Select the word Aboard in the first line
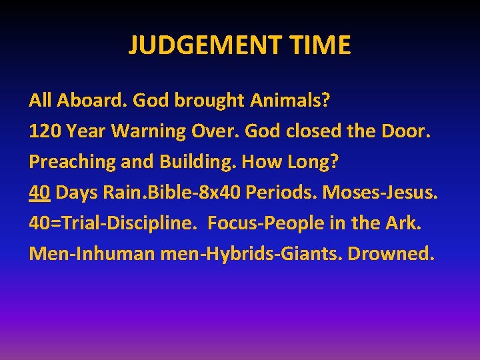tap(90, 101)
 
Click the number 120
tap(44, 131)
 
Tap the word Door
tap(407, 131)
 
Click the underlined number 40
tap(40, 193)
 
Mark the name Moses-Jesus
tap(381, 193)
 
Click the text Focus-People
tap(258, 223)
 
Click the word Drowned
tap(399, 254)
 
